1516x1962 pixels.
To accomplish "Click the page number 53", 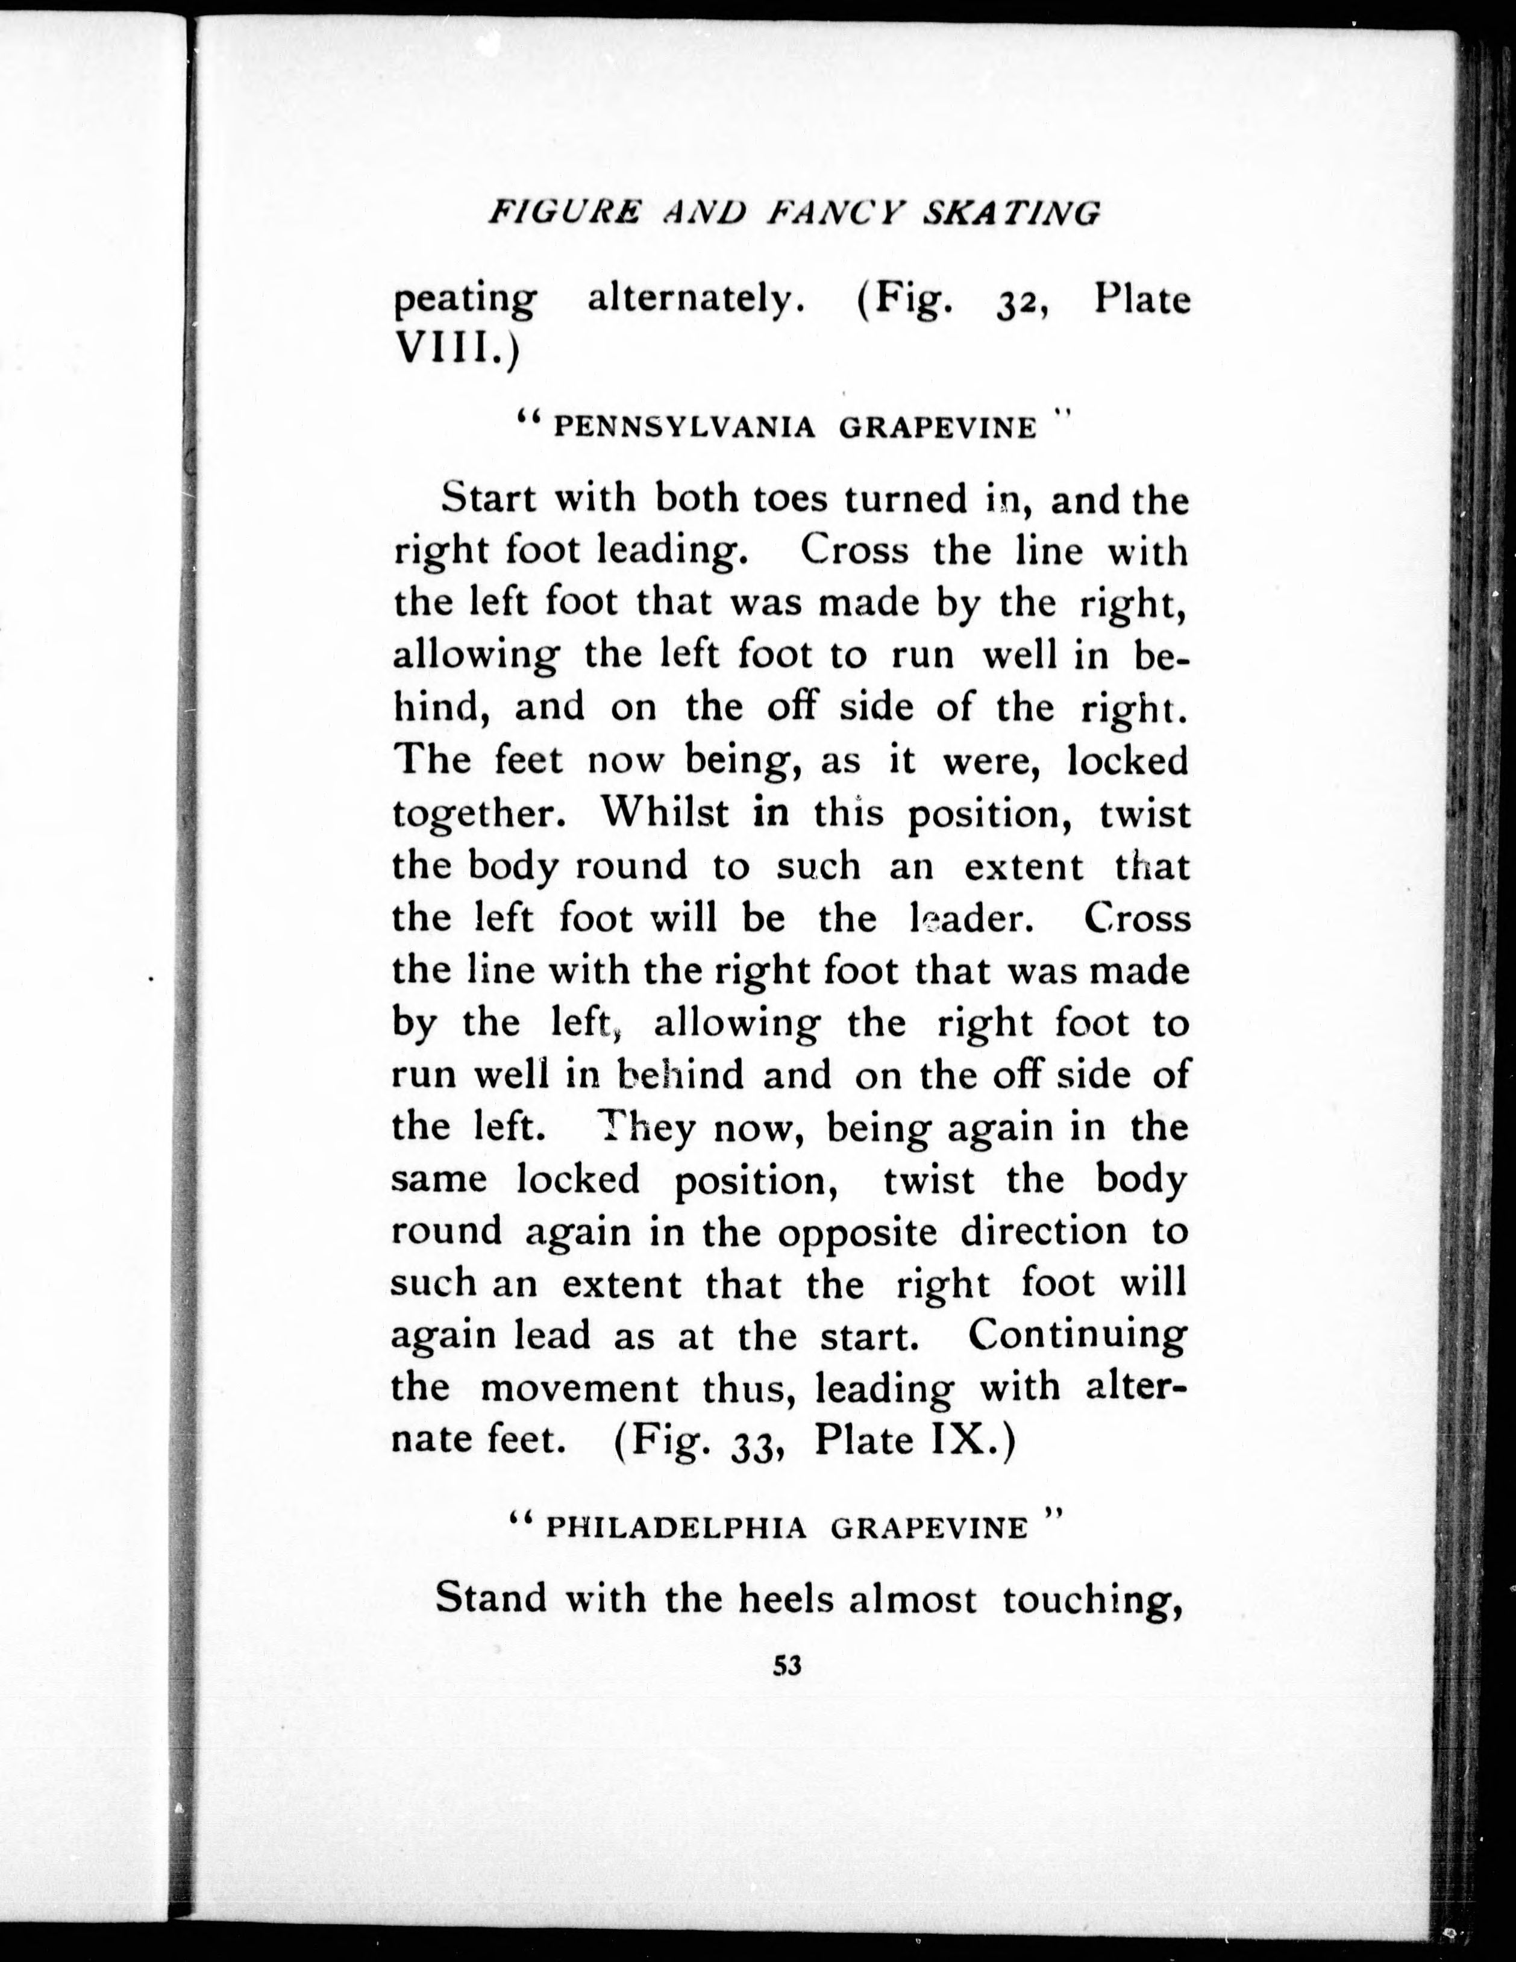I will tap(787, 1691).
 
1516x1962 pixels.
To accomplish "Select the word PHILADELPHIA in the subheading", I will tap(677, 1528).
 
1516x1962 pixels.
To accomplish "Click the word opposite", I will tap(857, 1230).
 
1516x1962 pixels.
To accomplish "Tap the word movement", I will tap(579, 1388).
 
